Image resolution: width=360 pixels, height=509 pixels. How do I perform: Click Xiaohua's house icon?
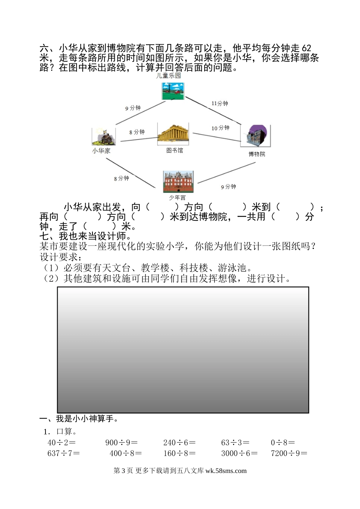coord(103,137)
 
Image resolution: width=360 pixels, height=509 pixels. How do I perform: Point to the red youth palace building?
coord(178,182)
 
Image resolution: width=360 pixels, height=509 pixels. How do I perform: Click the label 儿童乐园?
coord(169,75)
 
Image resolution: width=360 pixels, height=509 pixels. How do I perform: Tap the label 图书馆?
coord(174,151)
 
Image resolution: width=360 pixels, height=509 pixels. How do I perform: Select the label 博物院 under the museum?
coord(257,154)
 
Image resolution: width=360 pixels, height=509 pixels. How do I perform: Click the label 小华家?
coord(101,151)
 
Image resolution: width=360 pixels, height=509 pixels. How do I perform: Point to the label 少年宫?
coord(177,198)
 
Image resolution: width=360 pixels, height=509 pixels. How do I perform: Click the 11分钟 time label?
coord(220,104)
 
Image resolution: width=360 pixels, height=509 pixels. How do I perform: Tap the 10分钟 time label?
coord(220,128)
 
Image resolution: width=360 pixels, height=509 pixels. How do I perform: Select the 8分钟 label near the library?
coord(137,132)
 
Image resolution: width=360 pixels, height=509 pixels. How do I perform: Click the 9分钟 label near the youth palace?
coord(229,187)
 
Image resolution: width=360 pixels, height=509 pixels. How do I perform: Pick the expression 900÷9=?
coord(122,443)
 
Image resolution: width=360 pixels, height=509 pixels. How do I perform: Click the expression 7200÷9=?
coord(289,453)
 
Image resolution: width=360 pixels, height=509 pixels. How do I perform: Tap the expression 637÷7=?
coord(64,453)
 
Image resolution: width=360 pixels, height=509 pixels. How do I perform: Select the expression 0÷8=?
coord(283,443)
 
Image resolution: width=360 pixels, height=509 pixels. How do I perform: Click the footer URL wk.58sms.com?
coord(226,471)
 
